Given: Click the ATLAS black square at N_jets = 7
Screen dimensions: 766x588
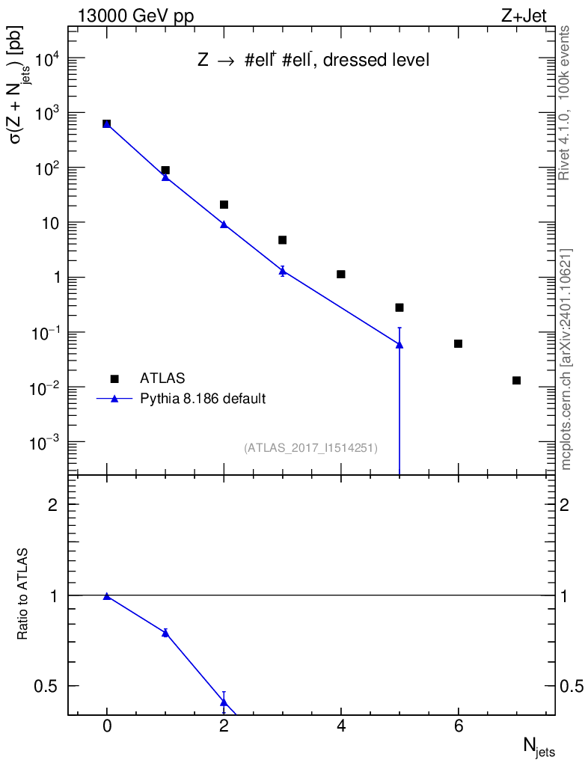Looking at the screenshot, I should (x=516, y=381).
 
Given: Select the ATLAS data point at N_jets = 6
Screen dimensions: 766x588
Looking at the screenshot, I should (x=458, y=343).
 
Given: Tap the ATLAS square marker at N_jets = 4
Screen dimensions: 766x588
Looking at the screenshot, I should (x=341, y=275).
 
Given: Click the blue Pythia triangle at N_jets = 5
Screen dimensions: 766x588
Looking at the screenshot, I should (x=399, y=344).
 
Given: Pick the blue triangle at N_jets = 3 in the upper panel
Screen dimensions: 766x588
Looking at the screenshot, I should (x=283, y=271).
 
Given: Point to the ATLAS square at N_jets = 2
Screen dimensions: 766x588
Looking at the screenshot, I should (x=224, y=204).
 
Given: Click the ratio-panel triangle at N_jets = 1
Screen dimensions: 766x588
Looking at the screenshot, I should (x=165, y=633).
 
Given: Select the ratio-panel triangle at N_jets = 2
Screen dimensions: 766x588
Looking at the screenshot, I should (x=224, y=702).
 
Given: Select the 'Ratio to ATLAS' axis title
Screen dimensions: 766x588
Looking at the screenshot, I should (x=24, y=595).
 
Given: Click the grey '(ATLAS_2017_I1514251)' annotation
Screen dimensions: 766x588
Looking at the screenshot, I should (x=310, y=448).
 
